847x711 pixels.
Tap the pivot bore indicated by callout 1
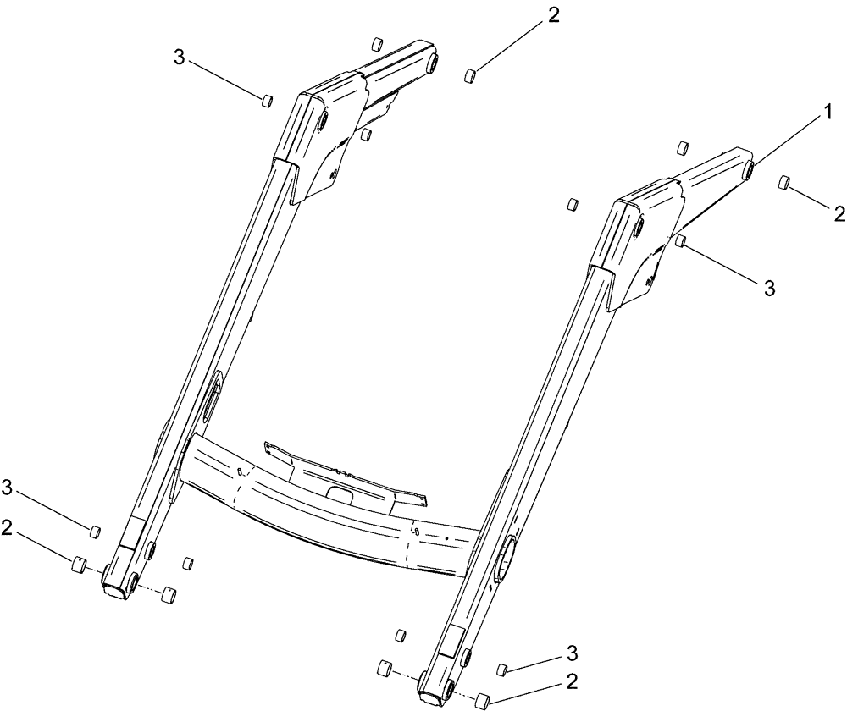[x=749, y=169]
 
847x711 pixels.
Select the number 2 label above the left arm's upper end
[x=553, y=16]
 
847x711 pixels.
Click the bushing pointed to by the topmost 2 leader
[x=469, y=76]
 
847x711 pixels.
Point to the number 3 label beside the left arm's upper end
[x=178, y=57]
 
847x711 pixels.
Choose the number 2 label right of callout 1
[x=839, y=212]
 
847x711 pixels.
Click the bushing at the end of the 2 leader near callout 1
[x=784, y=183]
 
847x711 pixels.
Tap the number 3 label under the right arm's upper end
[x=769, y=288]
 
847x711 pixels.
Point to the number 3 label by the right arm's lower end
[x=573, y=653]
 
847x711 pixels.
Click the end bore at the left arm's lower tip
[x=113, y=587]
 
